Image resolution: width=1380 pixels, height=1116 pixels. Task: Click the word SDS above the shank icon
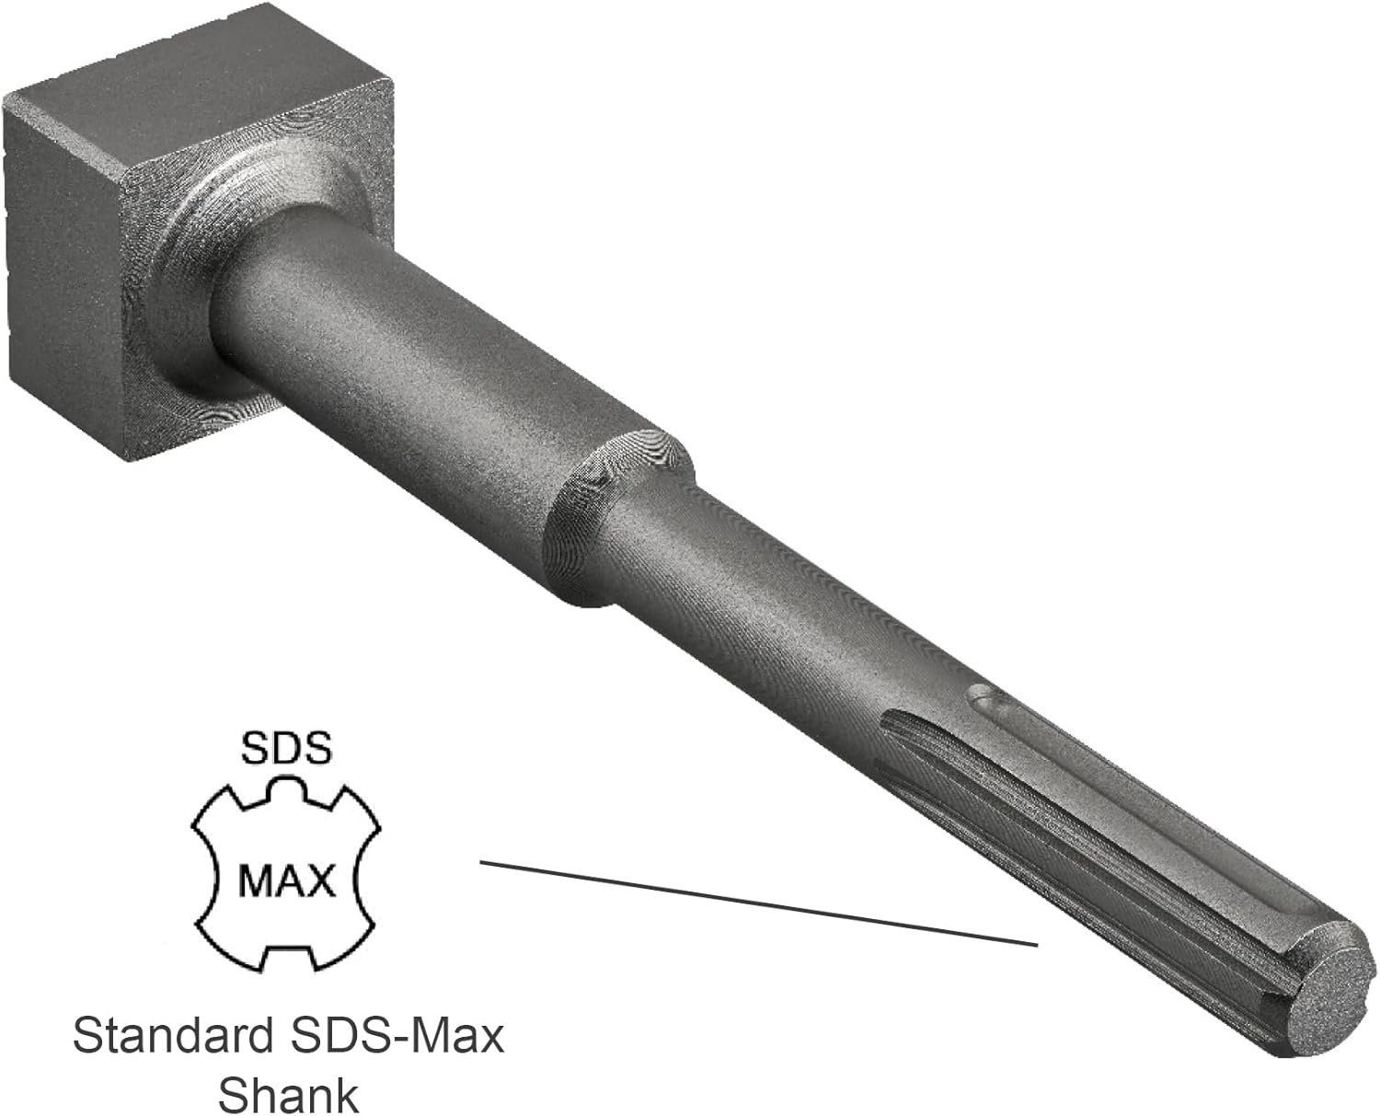(285, 749)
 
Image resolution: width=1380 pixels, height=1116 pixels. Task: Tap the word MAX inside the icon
(286, 880)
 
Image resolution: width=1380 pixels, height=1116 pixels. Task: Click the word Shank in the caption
(287, 1095)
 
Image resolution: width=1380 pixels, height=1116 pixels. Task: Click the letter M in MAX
(257, 880)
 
